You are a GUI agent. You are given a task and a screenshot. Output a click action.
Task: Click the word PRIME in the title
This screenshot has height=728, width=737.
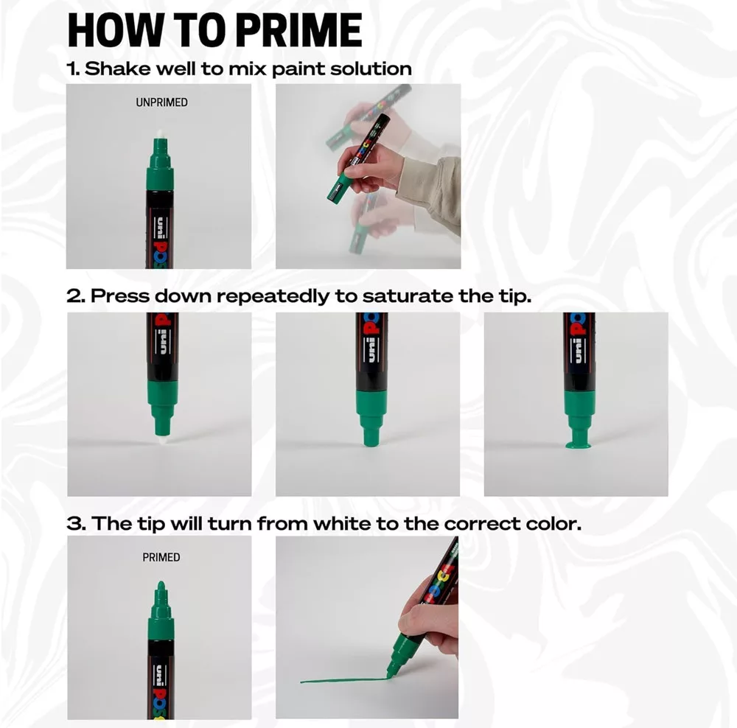tap(298, 30)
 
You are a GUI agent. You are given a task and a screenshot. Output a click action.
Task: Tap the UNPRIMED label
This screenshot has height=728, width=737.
tap(161, 102)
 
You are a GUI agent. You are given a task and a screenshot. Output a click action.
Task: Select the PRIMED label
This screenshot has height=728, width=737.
tap(161, 557)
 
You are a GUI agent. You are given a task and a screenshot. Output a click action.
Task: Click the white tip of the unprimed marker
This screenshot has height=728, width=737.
tap(160, 134)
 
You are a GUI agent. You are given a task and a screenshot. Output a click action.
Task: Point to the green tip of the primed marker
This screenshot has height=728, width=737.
tap(161, 587)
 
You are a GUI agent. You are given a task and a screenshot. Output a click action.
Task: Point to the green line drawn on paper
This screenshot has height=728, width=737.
tap(344, 679)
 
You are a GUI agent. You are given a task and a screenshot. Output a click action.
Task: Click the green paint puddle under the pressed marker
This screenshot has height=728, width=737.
tap(579, 444)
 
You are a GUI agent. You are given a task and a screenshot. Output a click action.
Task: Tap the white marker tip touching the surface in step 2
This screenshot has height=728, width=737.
tap(162, 440)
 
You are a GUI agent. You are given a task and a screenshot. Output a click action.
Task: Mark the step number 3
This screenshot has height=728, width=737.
tap(76, 524)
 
